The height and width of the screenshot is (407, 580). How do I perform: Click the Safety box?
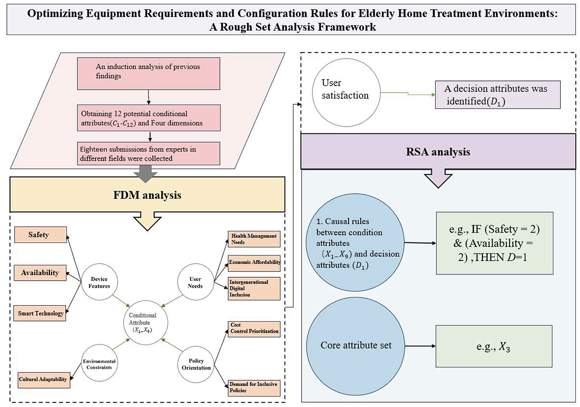point(40,235)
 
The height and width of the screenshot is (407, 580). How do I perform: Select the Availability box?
point(40,273)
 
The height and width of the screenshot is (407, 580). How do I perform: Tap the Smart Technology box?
point(40,313)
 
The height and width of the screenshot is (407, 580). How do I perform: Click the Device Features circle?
point(99,282)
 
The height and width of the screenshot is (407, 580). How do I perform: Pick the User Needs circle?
point(195,282)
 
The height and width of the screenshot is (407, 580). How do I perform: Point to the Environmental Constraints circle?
point(99,364)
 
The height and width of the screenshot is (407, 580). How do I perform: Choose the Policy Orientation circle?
point(196,364)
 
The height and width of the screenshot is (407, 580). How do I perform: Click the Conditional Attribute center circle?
point(143,323)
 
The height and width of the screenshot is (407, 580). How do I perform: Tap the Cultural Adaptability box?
point(43,379)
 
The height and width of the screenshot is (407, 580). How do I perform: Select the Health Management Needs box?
point(254,239)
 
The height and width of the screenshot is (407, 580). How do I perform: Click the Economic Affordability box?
point(254,262)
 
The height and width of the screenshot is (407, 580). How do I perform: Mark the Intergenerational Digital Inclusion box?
point(254,289)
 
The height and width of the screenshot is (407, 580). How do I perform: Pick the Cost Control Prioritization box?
point(254,328)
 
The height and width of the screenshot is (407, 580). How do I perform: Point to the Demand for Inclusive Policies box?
point(254,387)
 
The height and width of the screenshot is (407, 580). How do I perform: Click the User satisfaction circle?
point(346,93)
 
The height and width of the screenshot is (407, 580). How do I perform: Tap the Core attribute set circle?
point(355,345)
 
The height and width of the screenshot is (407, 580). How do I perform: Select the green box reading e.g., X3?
point(493,346)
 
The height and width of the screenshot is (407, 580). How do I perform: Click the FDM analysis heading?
point(147,195)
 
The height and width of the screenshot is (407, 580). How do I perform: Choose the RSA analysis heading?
point(438,152)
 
